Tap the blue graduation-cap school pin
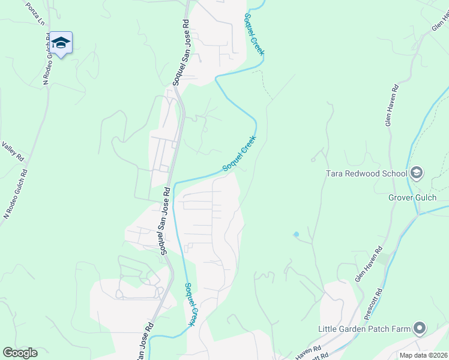click(61, 43)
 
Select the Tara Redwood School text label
click(366, 174)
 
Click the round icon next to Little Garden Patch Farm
click(419, 329)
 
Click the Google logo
click(20, 353)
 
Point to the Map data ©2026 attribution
click(423, 355)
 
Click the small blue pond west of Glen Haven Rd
click(296, 234)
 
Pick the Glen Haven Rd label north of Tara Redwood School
click(390, 104)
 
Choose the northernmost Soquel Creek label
click(253, 34)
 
